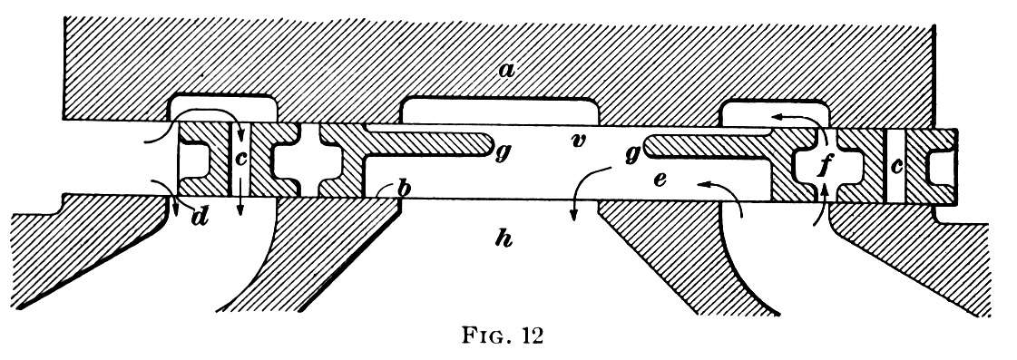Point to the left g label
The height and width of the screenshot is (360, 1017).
(x=502, y=155)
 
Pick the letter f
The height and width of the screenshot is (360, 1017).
(x=824, y=165)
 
